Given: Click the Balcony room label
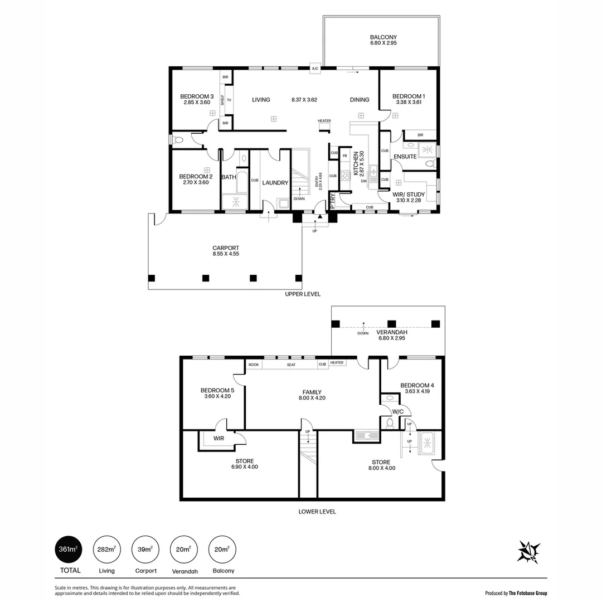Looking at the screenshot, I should pyautogui.click(x=383, y=38).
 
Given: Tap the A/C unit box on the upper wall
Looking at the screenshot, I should pyautogui.click(x=315, y=69).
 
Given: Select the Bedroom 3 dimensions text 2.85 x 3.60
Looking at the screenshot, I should pyautogui.click(x=197, y=103).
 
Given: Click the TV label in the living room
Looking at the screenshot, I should pyautogui.click(x=229, y=100).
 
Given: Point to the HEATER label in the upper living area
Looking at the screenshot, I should pyautogui.click(x=324, y=121).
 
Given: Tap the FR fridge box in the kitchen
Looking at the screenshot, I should pyautogui.click(x=345, y=156).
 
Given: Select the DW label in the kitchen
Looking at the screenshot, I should pyautogui.click(x=363, y=181).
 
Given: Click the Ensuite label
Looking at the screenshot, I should pyautogui.click(x=405, y=157).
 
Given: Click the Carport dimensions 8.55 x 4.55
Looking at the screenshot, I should pyautogui.click(x=226, y=254).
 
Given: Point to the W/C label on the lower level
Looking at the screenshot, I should pyautogui.click(x=398, y=412).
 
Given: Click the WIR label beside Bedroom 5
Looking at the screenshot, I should pyautogui.click(x=219, y=439).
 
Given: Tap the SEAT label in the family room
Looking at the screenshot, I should pyautogui.click(x=291, y=365).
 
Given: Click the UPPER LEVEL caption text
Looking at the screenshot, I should pyautogui.click(x=303, y=294).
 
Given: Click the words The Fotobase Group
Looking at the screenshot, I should pyautogui.click(x=527, y=594).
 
